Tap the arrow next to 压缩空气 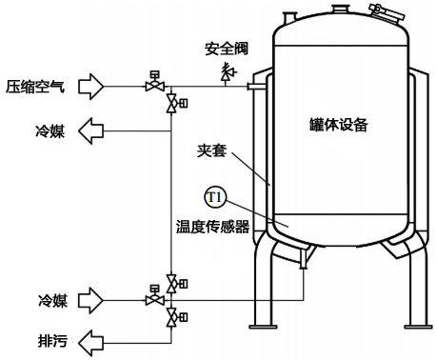tap(89, 86)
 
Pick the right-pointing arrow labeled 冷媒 tap(89, 300)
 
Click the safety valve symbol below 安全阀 tap(226, 71)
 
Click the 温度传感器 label tap(211, 227)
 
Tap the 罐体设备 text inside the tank tap(338, 125)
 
